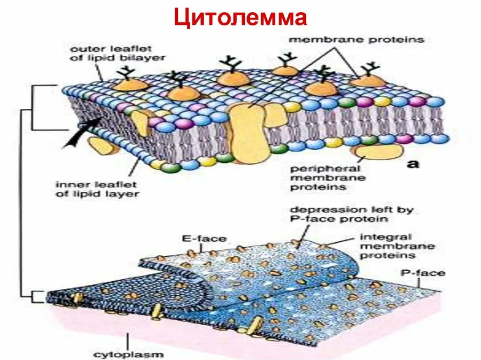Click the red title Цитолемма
tap(240, 18)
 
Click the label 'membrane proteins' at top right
tap(356, 40)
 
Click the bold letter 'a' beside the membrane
tap(413, 164)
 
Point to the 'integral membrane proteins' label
tap(391, 246)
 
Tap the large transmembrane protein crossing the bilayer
tap(248, 134)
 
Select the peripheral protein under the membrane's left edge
tap(103, 146)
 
